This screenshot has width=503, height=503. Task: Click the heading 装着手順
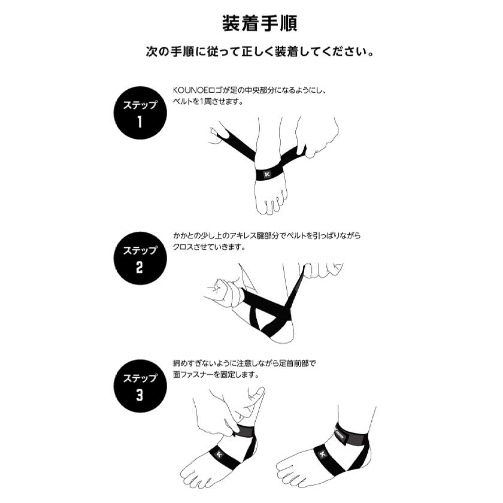(x=259, y=23)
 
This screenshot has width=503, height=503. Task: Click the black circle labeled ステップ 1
(x=140, y=113)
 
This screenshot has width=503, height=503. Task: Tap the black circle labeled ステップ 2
(x=140, y=258)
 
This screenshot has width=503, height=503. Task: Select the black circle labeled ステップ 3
(x=140, y=386)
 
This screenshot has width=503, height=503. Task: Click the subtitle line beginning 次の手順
(x=259, y=51)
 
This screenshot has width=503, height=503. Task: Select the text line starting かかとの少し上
(x=267, y=236)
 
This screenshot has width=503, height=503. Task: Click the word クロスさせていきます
(x=209, y=247)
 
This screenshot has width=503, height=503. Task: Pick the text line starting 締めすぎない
(x=244, y=363)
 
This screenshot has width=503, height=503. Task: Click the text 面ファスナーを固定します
(x=216, y=374)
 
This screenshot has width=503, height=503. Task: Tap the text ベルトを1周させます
(x=208, y=101)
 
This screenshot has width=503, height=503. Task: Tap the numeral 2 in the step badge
(x=139, y=267)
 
